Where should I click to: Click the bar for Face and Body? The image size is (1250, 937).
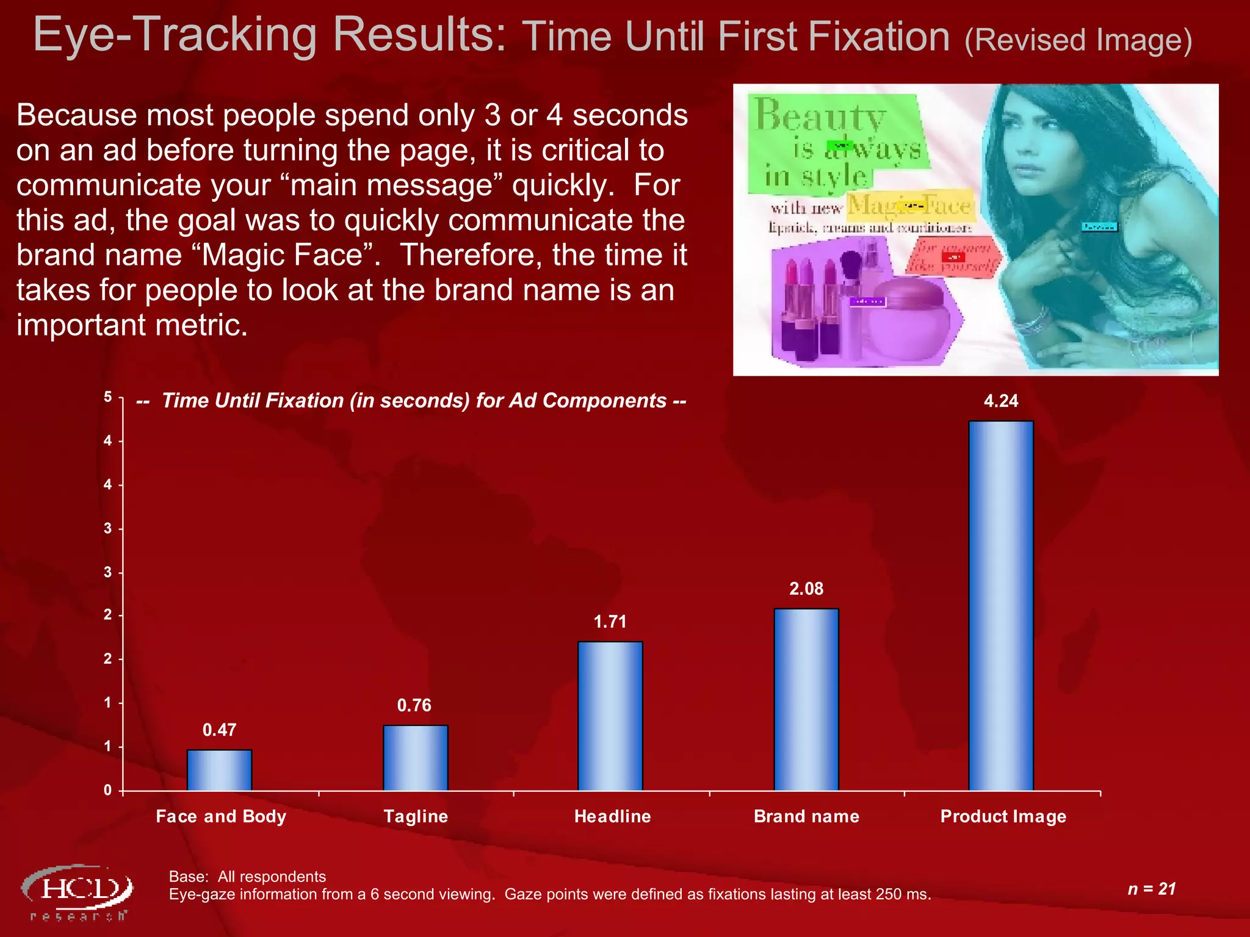[x=219, y=770]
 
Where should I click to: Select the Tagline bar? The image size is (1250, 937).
[x=415, y=758]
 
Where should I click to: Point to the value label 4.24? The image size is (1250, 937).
[x=1001, y=401]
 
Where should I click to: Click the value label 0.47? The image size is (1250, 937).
[x=219, y=730]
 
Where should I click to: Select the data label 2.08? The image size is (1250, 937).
[x=806, y=589]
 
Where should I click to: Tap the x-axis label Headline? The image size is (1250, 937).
[x=612, y=816]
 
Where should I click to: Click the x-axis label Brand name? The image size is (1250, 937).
[x=806, y=816]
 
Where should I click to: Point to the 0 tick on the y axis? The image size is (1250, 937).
[x=108, y=791]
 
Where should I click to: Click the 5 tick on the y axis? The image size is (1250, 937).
[x=108, y=397]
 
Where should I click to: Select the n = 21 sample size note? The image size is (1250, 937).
[x=1151, y=889]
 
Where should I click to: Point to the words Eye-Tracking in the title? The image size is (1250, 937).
[x=174, y=35]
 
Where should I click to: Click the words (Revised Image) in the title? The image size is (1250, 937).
[x=1078, y=40]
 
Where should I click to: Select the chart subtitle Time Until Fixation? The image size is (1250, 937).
[x=411, y=401]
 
